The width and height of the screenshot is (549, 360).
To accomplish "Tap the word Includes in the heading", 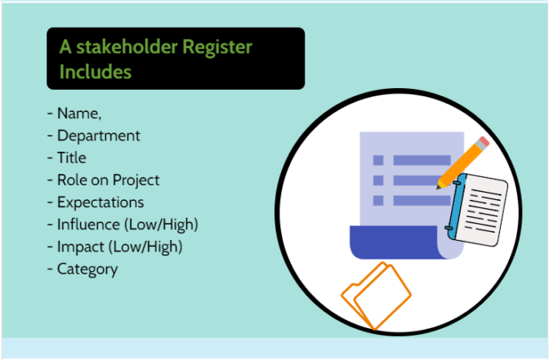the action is click(x=95, y=71).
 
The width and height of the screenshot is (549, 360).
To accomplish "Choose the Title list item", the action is click(x=71, y=158).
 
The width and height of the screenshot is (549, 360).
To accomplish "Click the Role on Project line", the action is click(x=108, y=180).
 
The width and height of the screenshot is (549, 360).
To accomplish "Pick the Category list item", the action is click(x=87, y=268).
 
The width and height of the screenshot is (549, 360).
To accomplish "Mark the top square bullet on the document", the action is click(x=378, y=161).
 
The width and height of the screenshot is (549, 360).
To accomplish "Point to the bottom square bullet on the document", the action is click(x=378, y=200).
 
